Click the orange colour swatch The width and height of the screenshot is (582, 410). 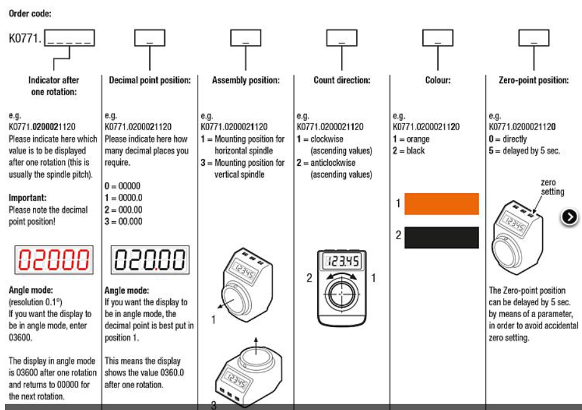pos(441,204)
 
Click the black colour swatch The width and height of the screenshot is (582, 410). pos(441,237)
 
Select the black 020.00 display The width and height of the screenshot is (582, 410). pos(150,260)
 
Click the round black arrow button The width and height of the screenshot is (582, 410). pos(570,217)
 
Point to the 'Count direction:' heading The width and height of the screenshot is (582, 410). pos(341,80)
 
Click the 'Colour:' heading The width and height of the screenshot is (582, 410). pos(437,80)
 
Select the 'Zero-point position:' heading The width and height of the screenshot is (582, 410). pos(533,80)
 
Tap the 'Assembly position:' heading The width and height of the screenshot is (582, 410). pos(246,80)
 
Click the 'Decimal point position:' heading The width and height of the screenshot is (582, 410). pos(150,80)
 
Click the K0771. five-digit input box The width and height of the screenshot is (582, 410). pos(70,39)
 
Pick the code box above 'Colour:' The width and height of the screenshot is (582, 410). pos(437,39)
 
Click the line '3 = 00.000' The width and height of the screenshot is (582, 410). pos(123,221)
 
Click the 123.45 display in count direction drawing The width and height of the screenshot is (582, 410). pos(341,259)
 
